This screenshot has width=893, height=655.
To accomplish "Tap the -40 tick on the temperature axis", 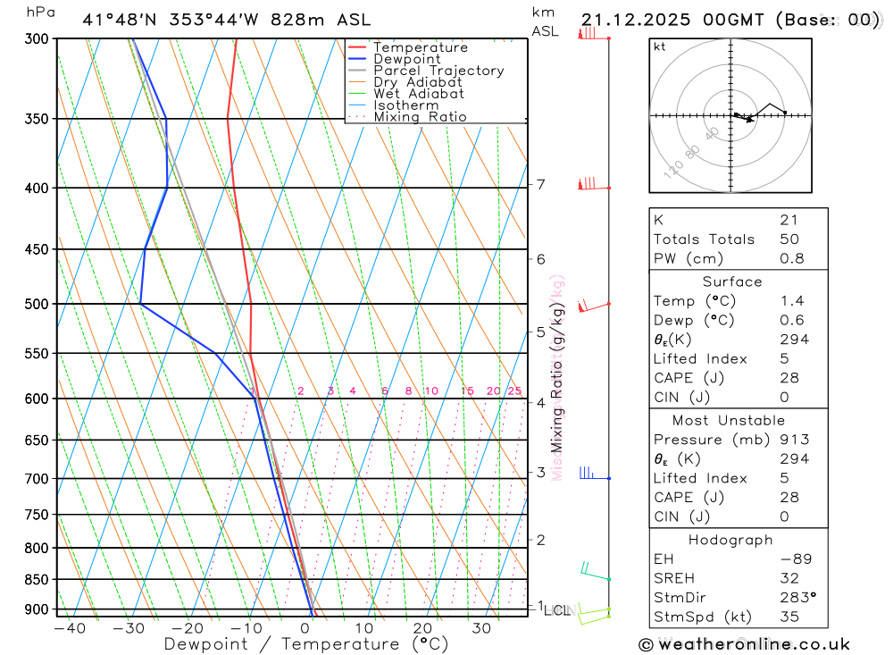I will (69, 628).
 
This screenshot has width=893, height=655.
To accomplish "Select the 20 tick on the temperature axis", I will (422, 628).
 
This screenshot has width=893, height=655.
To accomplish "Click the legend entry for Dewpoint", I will (406, 59).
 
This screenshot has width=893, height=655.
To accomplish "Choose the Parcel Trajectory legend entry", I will (438, 71).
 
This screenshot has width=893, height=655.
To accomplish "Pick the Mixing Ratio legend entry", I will (420, 116).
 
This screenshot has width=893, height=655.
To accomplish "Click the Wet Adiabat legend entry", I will (419, 93).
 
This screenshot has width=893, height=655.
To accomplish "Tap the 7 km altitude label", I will (540, 185).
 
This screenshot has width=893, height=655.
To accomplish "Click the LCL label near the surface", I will (556, 610).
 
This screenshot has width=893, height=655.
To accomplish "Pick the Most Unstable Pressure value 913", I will (794, 440).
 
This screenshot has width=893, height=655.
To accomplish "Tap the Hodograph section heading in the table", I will (731, 540).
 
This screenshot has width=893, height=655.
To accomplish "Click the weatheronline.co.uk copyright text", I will (744, 644).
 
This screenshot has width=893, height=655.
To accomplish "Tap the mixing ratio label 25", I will (514, 391).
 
